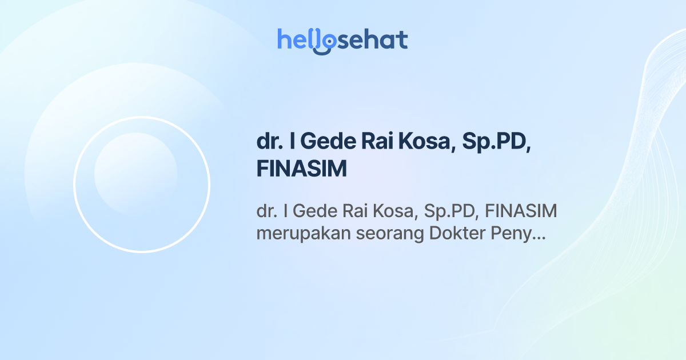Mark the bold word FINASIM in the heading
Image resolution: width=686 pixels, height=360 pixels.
302,170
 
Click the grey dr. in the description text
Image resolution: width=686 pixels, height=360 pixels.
267,212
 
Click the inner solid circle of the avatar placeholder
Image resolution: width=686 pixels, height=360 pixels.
135,174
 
